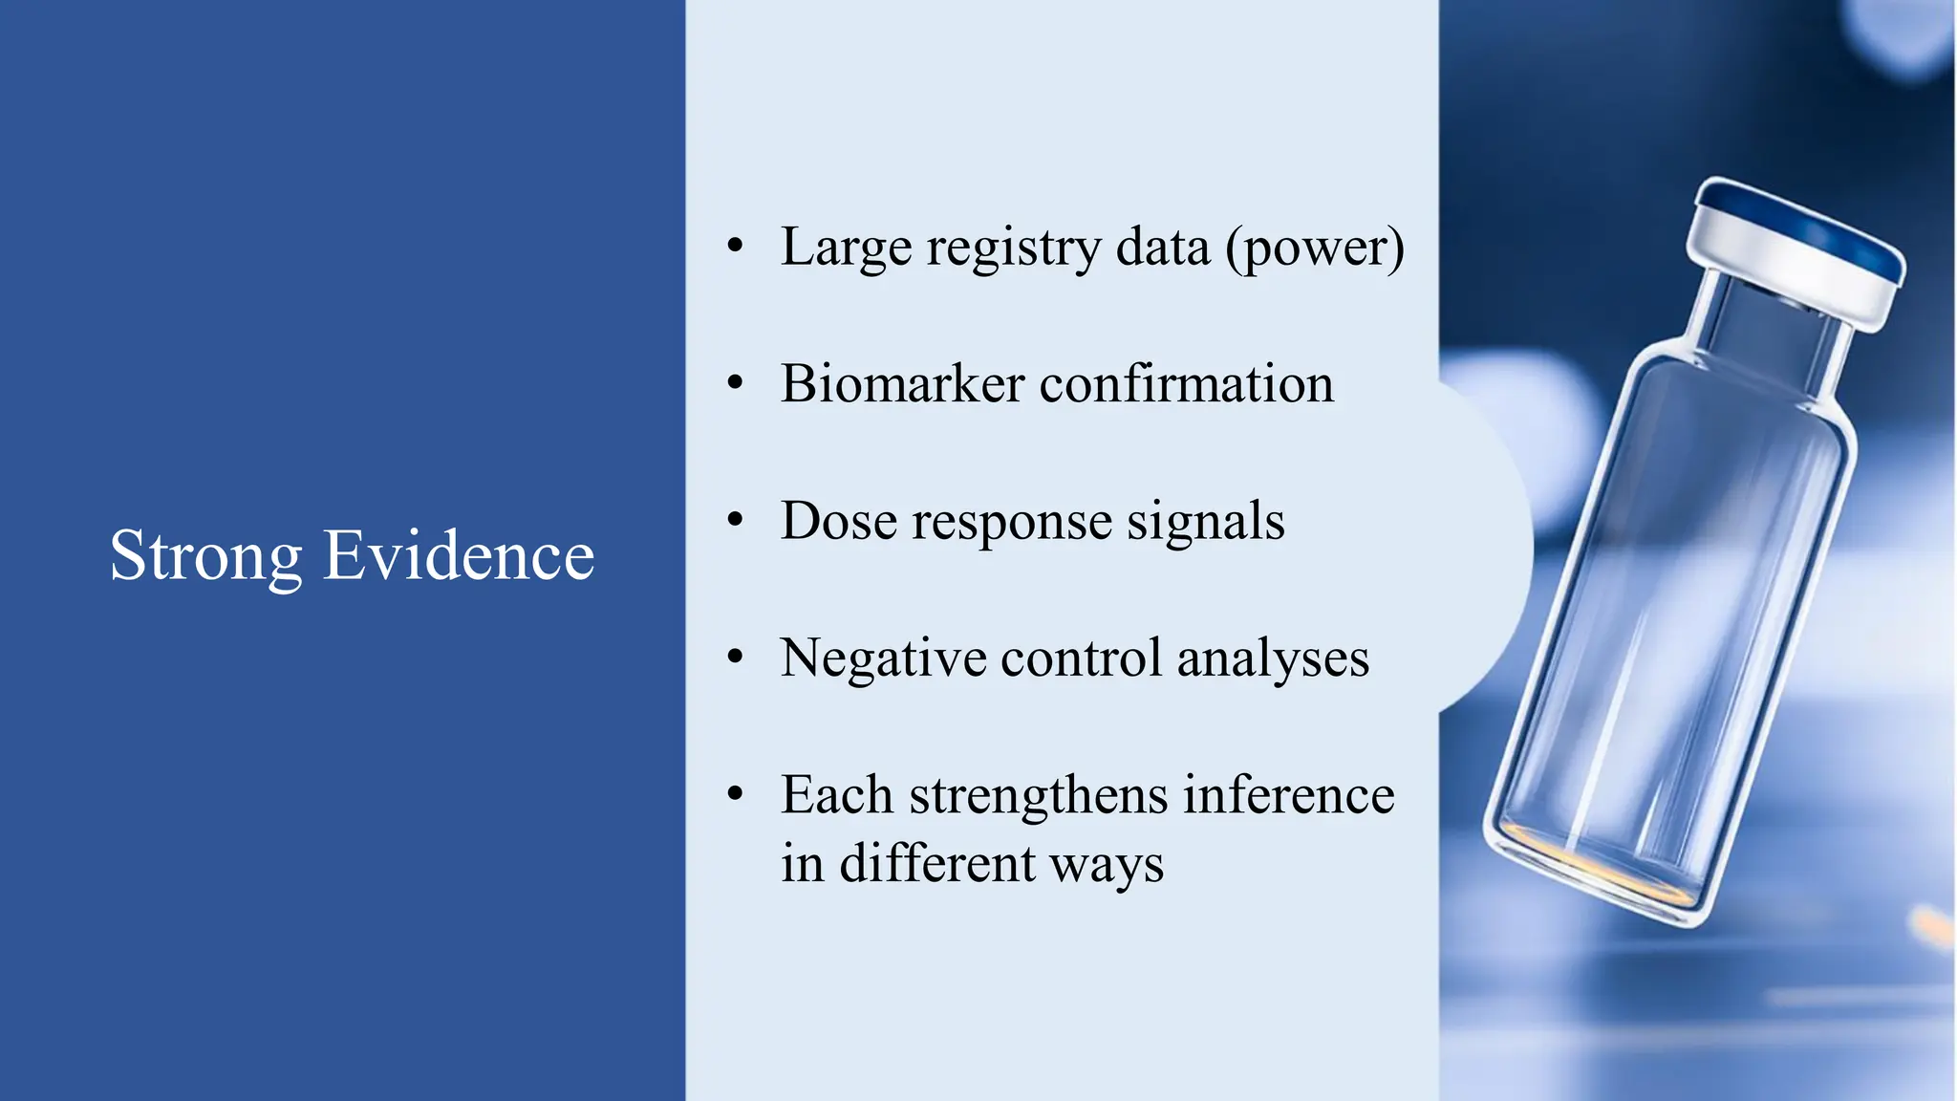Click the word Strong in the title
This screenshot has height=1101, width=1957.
[205, 556]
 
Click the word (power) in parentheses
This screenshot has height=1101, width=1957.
[1315, 248]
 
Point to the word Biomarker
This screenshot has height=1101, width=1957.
[902, 384]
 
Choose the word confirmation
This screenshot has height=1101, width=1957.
[1186, 384]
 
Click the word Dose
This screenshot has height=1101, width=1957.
[838, 522]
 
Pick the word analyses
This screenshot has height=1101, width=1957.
[1273, 659]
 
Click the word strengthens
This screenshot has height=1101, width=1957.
[1038, 795]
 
